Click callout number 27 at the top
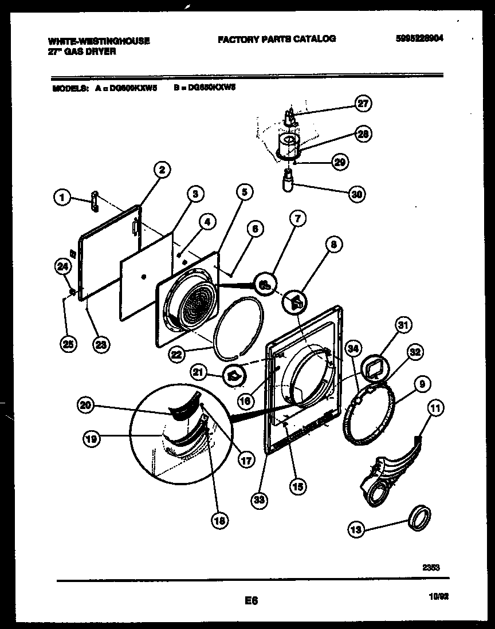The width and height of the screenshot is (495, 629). click(x=362, y=104)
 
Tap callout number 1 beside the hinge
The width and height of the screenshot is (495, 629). click(x=62, y=198)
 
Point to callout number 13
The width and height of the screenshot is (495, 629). click(x=356, y=530)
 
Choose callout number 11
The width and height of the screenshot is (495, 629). click(x=436, y=409)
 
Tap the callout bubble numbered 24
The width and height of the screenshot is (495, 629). click(x=62, y=265)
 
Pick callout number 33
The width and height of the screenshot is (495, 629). click(x=260, y=500)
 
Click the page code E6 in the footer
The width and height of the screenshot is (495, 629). click(x=250, y=601)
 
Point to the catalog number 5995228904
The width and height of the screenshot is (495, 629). click(x=419, y=39)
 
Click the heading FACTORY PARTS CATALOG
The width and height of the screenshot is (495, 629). click(x=276, y=39)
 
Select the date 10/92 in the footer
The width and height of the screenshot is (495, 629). click(x=437, y=596)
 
